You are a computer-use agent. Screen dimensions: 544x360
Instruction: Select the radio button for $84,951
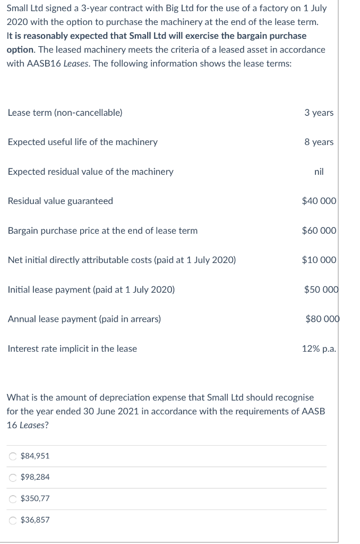(12, 456)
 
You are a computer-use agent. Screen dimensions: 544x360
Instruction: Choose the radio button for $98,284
(12, 477)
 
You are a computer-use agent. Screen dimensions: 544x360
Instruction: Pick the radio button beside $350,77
(12, 498)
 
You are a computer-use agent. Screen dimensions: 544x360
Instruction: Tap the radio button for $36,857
(12, 520)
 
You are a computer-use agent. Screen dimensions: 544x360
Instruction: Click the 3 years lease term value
(319, 113)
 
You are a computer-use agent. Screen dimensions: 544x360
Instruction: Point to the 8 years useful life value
(319, 142)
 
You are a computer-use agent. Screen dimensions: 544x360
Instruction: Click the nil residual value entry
(319, 172)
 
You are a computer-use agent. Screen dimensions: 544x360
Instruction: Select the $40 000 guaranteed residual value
(319, 201)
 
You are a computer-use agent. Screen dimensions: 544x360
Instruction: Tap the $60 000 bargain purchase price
(319, 231)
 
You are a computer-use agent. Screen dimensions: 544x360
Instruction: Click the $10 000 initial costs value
(319, 260)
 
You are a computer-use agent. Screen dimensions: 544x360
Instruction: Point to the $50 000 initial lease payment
(321, 290)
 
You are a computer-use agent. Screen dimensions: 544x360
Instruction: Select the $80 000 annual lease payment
(322, 319)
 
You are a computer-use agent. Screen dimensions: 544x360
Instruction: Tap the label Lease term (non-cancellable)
(65, 113)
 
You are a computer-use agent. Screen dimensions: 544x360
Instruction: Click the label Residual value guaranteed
(61, 201)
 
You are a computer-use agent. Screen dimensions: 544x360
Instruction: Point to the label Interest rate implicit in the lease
(72, 348)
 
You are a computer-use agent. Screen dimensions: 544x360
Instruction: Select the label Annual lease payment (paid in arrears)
(84, 319)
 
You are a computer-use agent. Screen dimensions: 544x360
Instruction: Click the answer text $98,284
(35, 477)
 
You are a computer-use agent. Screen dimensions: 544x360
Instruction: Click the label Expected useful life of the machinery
(82, 142)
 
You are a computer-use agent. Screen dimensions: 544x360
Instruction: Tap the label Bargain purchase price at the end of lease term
(102, 231)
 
